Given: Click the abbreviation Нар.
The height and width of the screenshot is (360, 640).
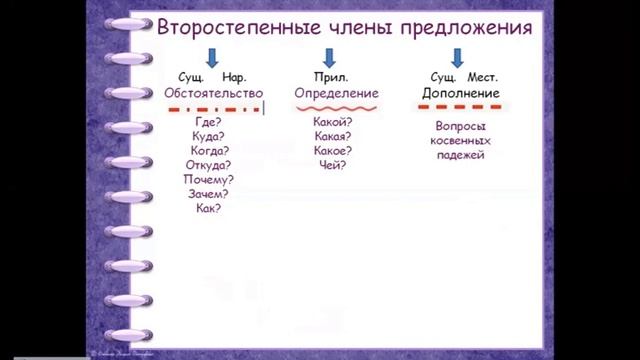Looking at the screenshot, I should pos(234,76).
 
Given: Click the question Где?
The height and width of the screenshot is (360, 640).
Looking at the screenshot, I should pos(208,120).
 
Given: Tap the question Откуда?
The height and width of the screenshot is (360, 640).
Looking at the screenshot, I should pos(208,165).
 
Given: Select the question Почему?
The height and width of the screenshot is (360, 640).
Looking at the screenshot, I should pos(208,180).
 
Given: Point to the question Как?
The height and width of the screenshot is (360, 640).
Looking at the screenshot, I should pos(208,209).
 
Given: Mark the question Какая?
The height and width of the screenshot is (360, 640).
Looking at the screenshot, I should pos(332,135).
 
